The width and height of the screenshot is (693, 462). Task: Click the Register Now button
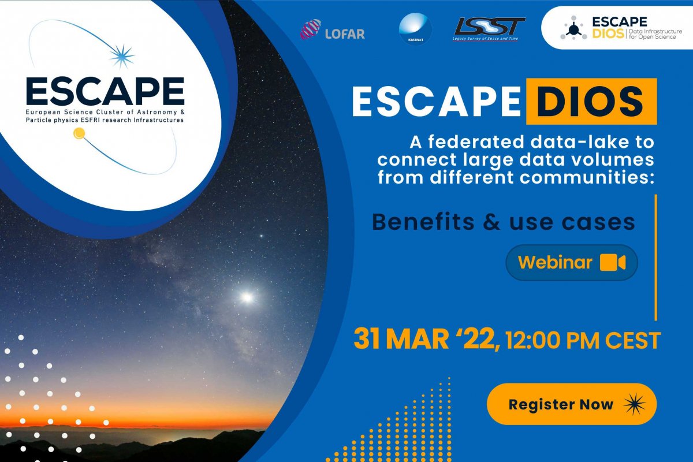coord(571,404)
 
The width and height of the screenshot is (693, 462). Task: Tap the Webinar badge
coord(572,262)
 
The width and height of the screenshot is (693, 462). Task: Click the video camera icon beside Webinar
coord(613,262)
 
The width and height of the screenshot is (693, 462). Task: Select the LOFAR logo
coord(333,30)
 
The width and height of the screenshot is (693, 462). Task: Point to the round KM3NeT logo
coord(415,29)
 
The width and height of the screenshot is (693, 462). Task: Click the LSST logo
coord(489,29)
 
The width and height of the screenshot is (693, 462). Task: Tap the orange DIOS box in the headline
coord(591,101)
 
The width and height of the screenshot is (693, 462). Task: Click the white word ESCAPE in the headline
coord(436,101)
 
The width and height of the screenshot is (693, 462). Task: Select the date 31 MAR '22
coord(426,339)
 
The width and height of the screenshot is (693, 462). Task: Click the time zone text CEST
coord(633,340)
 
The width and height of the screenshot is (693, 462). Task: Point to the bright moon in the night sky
coord(247,297)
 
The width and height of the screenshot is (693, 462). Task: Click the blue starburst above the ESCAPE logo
coord(122,55)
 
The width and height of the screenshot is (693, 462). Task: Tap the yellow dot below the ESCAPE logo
coord(79,133)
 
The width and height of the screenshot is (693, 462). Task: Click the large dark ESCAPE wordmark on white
coord(105,91)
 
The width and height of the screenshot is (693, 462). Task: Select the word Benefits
coord(423,222)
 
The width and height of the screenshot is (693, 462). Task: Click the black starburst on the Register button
coord(635,404)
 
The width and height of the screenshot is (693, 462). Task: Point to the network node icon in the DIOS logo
coord(573,28)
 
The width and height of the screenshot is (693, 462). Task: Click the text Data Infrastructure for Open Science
coord(655,33)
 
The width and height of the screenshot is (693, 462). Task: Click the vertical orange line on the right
coord(655,258)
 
